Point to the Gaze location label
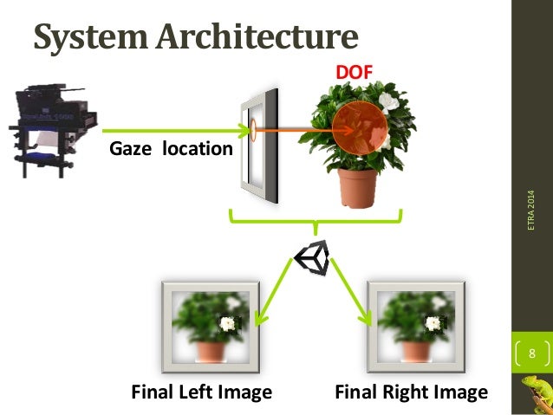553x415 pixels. click(171, 149)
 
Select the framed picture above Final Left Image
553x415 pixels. click(209, 325)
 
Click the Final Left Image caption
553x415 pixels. click(201, 392)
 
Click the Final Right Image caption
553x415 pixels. click(411, 392)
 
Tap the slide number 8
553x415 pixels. click(531, 353)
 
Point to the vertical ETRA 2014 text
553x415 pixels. click(532, 209)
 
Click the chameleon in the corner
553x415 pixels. click(536, 394)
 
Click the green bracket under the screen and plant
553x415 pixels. click(313, 222)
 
